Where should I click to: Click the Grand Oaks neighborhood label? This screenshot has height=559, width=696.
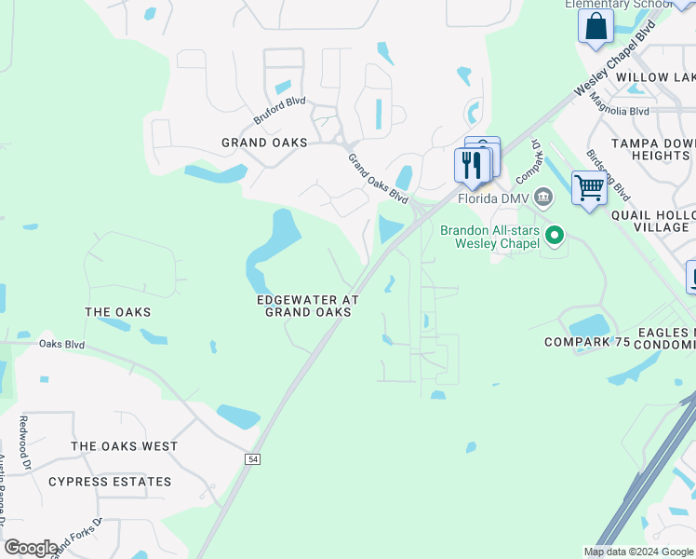point(264,143)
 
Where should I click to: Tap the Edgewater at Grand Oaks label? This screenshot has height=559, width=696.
point(308,306)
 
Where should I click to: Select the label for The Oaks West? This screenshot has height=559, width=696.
point(124,446)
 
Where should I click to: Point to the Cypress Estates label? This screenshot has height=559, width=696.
point(110,482)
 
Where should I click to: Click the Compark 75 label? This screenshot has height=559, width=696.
point(587,343)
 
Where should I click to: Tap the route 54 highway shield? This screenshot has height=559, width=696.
point(252,459)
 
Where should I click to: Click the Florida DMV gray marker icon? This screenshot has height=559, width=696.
point(543,198)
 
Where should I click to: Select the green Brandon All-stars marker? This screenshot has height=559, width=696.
point(555,236)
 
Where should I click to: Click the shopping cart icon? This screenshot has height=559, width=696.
point(589,188)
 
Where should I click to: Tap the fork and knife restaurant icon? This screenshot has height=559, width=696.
point(472,165)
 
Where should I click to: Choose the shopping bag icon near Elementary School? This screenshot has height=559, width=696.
point(596,26)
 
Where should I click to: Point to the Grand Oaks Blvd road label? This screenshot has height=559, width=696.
point(378,179)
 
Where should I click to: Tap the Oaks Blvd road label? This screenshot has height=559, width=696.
point(61,344)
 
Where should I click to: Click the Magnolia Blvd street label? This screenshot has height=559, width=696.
point(625,111)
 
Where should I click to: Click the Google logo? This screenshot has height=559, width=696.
point(31,548)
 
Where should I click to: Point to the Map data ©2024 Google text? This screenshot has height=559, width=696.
point(637,552)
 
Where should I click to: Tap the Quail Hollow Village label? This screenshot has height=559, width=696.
point(652,220)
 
